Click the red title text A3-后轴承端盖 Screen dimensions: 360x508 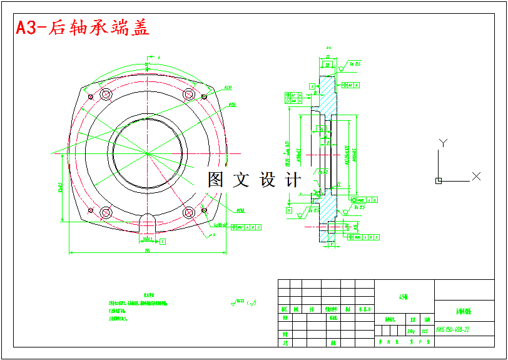click(83, 28)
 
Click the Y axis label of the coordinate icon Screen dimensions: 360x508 click(442, 143)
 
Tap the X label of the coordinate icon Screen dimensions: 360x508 click(476, 177)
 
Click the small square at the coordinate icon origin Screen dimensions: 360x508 click(439, 181)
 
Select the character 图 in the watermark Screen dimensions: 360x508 click(216, 180)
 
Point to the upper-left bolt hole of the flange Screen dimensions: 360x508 click(105, 95)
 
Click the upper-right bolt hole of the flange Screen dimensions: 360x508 click(189, 95)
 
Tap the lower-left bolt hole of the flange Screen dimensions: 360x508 click(105, 212)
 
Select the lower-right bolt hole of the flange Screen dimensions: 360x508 click(189, 212)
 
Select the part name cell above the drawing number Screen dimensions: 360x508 click(464, 311)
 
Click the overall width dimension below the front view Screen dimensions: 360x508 click(147, 250)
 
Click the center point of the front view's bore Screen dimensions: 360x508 click(148, 153)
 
